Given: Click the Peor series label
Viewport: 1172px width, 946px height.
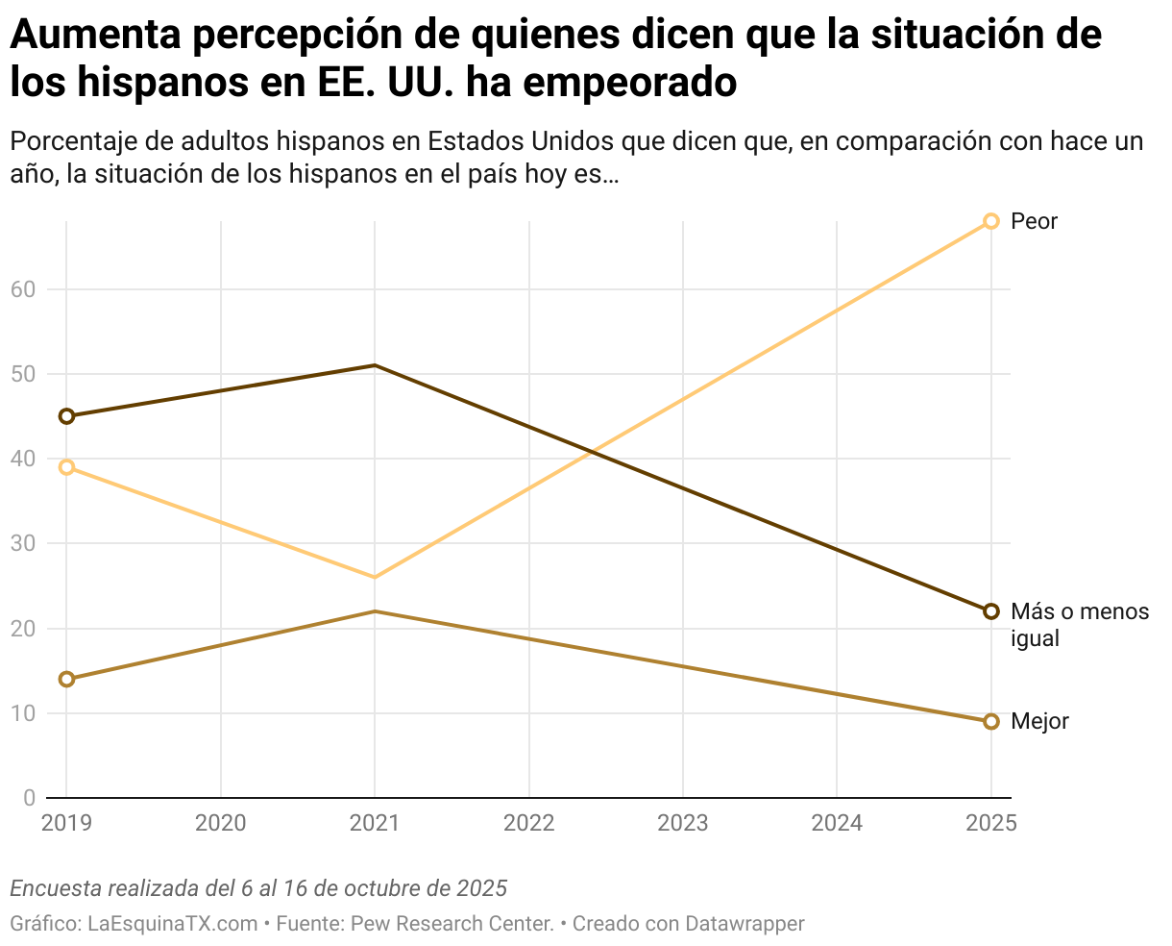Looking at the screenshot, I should pos(1034,221).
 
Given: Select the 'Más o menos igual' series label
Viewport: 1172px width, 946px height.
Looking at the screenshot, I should pos(1079,625).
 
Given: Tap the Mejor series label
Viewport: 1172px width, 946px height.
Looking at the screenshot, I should pos(1039,721).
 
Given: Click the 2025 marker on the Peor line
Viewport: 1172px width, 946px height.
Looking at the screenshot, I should pos(991,221).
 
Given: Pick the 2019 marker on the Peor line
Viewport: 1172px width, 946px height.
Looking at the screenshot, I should pos(66,467).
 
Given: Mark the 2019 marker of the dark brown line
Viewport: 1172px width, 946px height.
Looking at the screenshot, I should pos(66,416).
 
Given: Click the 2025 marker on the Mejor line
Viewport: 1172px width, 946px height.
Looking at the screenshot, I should pos(991,721).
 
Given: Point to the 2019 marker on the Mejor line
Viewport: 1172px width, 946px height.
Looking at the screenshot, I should pos(66,679).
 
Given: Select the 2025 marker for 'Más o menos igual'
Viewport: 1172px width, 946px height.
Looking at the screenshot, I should pos(991,611).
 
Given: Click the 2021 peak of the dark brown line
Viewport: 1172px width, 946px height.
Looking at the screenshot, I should pos(375,365).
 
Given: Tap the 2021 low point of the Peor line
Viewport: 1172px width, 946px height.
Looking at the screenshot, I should pos(375,577).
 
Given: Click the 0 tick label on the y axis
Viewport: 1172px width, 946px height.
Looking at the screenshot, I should pos(29,798).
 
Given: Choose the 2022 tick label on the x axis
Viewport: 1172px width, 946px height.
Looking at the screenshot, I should pos(528,823).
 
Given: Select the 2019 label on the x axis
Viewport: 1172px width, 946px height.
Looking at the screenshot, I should pos(66,823).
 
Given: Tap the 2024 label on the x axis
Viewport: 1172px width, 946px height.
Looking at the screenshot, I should pos(837,823).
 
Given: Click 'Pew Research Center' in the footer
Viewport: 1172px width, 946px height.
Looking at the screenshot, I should pos(452,924).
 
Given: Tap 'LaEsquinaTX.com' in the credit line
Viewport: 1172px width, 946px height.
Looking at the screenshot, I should pos(173,924).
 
